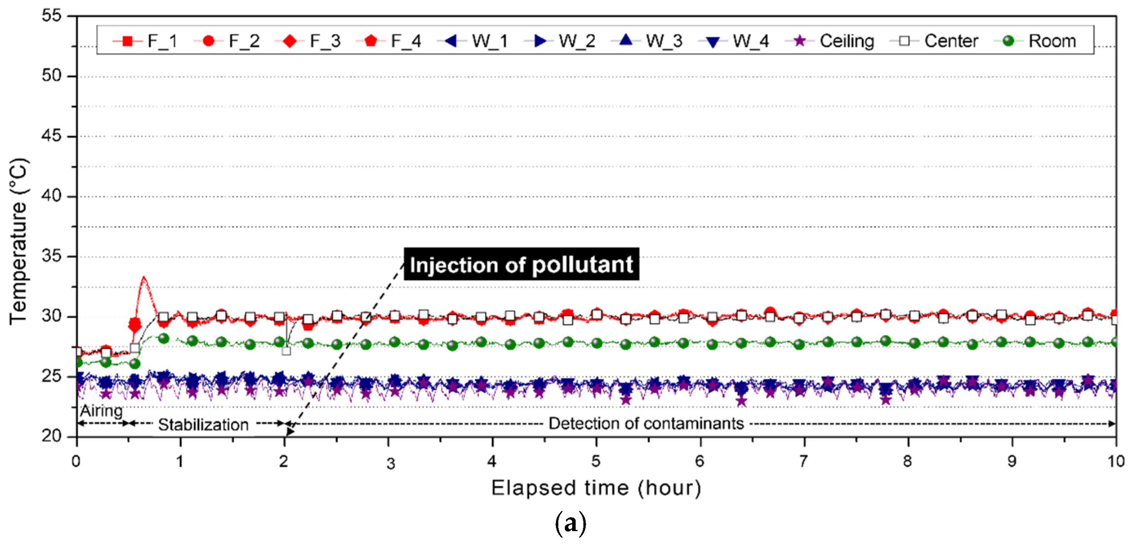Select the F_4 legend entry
[388, 41]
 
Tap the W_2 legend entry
[559, 41]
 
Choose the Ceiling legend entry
[830, 41]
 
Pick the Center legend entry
[934, 41]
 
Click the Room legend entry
[1035, 41]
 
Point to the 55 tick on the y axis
[52, 16]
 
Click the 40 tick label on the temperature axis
[52, 196]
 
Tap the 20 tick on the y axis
[52, 436]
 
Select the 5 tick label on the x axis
[596, 461]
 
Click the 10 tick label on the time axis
[1116, 461]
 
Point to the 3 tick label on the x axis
[391, 463]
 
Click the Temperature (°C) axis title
[19, 241]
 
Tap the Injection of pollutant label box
[522, 264]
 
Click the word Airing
[102, 411]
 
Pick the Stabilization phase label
[203, 425]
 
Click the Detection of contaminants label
[646, 424]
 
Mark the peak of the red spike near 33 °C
[144, 277]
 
